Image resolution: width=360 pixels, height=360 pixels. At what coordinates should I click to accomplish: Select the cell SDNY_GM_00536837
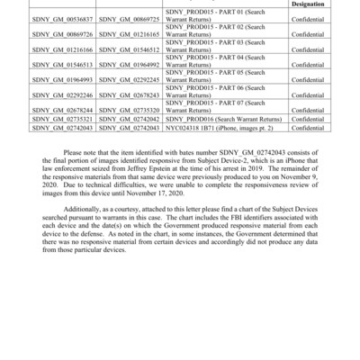tap(62, 18)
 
